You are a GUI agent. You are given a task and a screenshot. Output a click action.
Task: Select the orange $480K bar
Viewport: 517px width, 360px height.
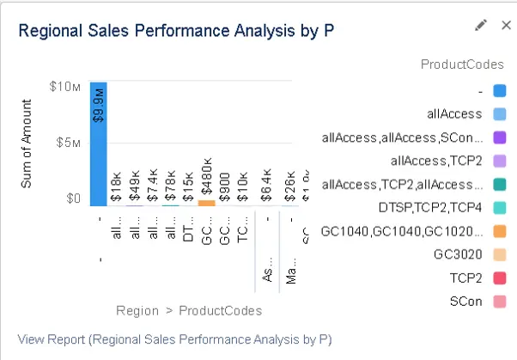[x=206, y=203]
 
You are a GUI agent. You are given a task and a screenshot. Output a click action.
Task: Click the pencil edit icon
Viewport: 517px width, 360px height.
[x=481, y=26]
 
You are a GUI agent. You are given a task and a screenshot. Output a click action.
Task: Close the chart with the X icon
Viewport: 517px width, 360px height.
[x=505, y=26]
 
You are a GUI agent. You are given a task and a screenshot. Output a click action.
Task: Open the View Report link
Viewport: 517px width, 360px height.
[x=174, y=339]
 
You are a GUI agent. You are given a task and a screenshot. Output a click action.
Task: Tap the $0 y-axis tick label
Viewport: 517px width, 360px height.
[x=73, y=198]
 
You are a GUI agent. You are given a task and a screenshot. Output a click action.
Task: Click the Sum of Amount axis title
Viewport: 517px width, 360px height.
[x=27, y=143]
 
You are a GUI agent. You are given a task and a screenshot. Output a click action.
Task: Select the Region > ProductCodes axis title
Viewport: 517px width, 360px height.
[x=189, y=310]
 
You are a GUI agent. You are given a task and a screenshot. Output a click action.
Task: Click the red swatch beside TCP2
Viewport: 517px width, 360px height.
[x=500, y=278]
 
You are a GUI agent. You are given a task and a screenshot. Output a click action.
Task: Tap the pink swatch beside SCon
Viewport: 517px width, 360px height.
[x=500, y=302]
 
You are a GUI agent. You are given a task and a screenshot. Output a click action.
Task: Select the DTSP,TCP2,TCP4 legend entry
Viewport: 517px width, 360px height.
[x=425, y=207]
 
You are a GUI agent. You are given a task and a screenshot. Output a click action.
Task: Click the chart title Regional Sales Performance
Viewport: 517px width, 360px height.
[x=176, y=31]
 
